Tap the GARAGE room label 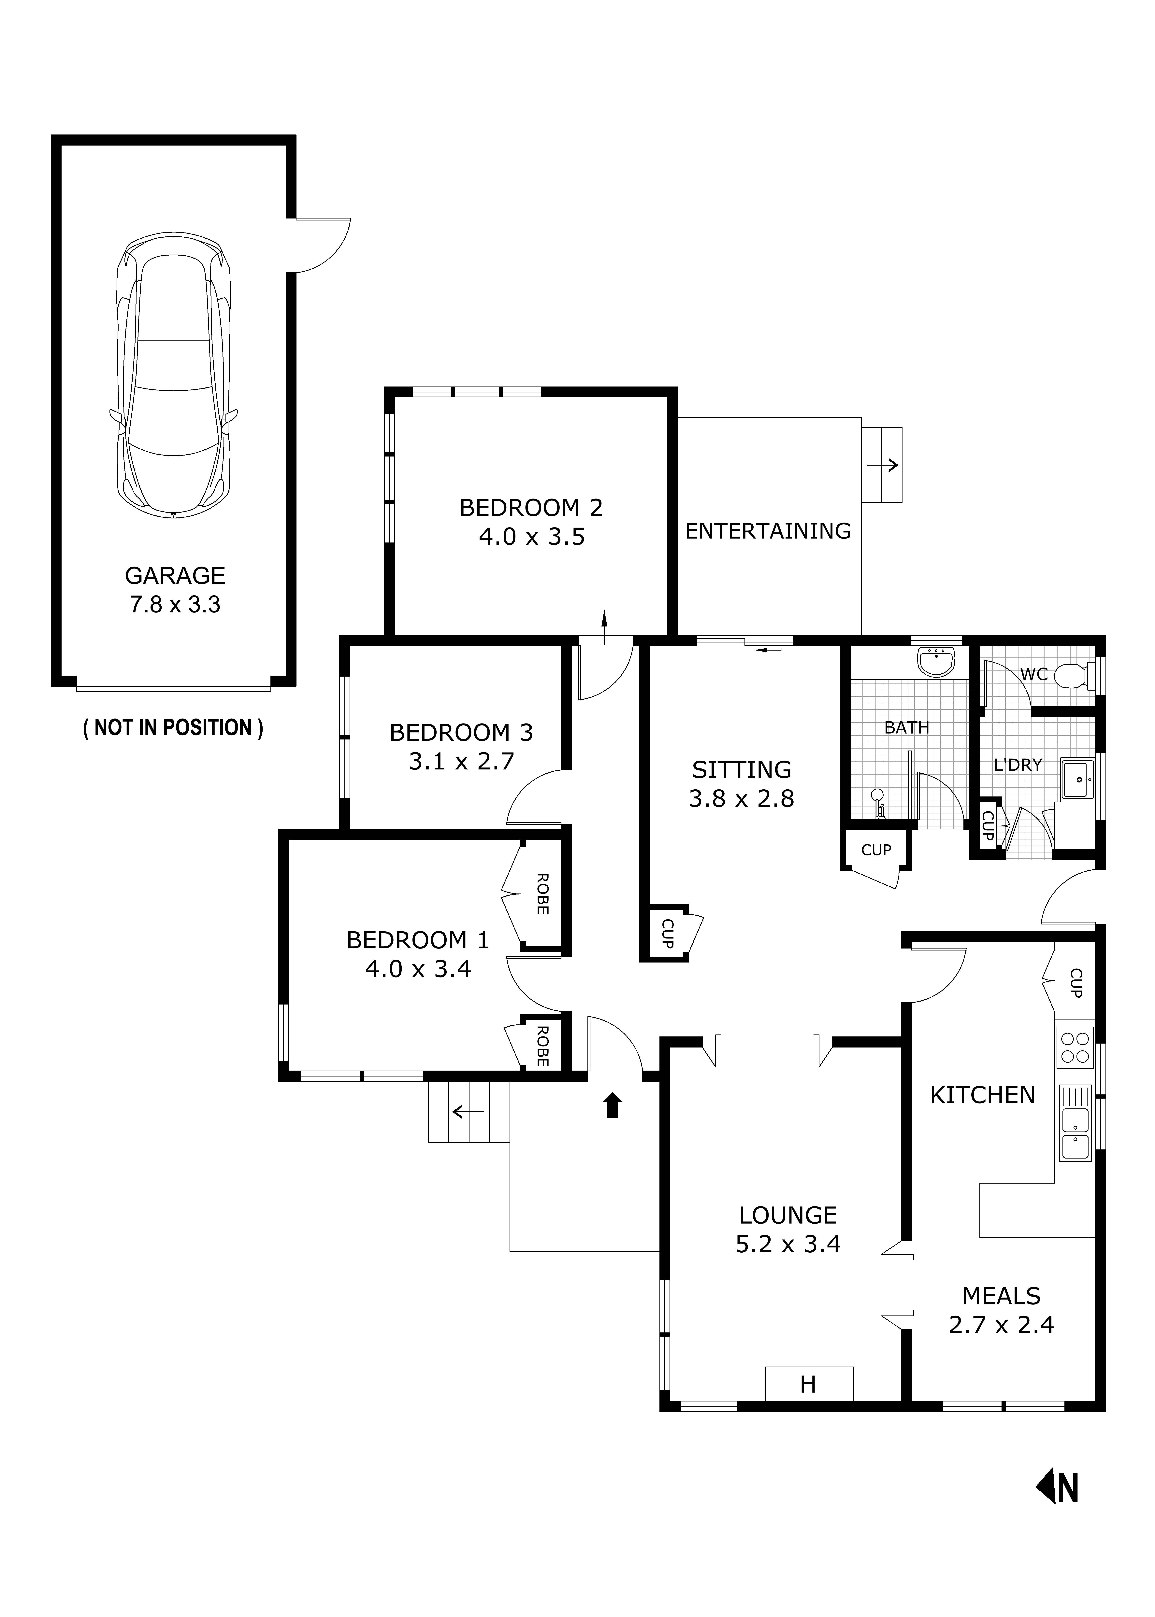tap(175, 575)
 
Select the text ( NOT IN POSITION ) tap(173, 728)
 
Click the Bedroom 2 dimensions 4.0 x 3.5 tap(531, 537)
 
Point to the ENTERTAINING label tap(767, 531)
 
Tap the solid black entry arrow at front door tap(612, 1105)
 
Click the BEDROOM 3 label tap(461, 732)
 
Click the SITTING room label tap(741, 770)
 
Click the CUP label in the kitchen tap(1075, 983)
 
